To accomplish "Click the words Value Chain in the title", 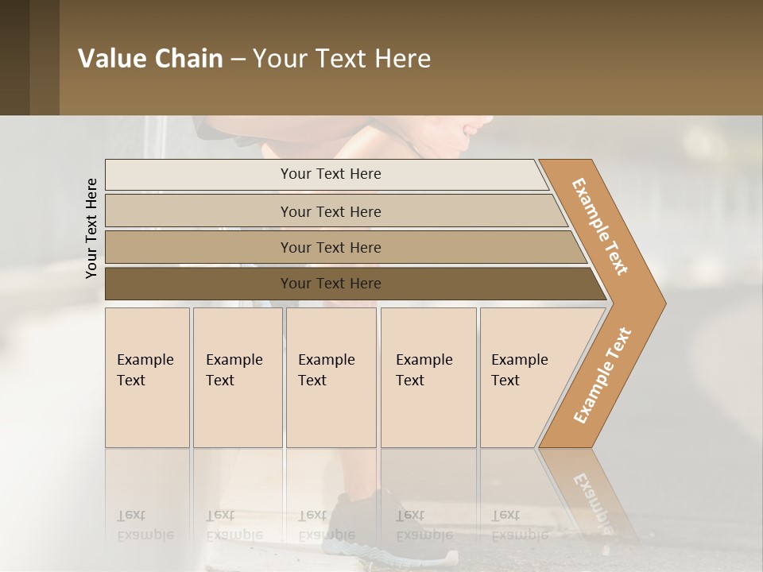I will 150,59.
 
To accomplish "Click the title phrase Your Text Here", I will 342,59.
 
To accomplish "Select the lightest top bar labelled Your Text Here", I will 331,174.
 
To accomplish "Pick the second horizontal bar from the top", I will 331,211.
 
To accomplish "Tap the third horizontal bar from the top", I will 331,247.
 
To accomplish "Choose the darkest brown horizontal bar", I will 331,284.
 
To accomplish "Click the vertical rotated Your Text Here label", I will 91,228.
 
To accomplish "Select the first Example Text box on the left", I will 147,377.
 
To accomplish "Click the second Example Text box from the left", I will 238,377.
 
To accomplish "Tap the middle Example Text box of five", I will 331,377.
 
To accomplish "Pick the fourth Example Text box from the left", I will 428,377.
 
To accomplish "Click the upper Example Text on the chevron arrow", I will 600,226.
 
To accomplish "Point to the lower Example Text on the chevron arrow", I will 602,376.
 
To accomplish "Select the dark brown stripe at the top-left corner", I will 15,57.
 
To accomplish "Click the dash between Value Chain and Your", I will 238,60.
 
